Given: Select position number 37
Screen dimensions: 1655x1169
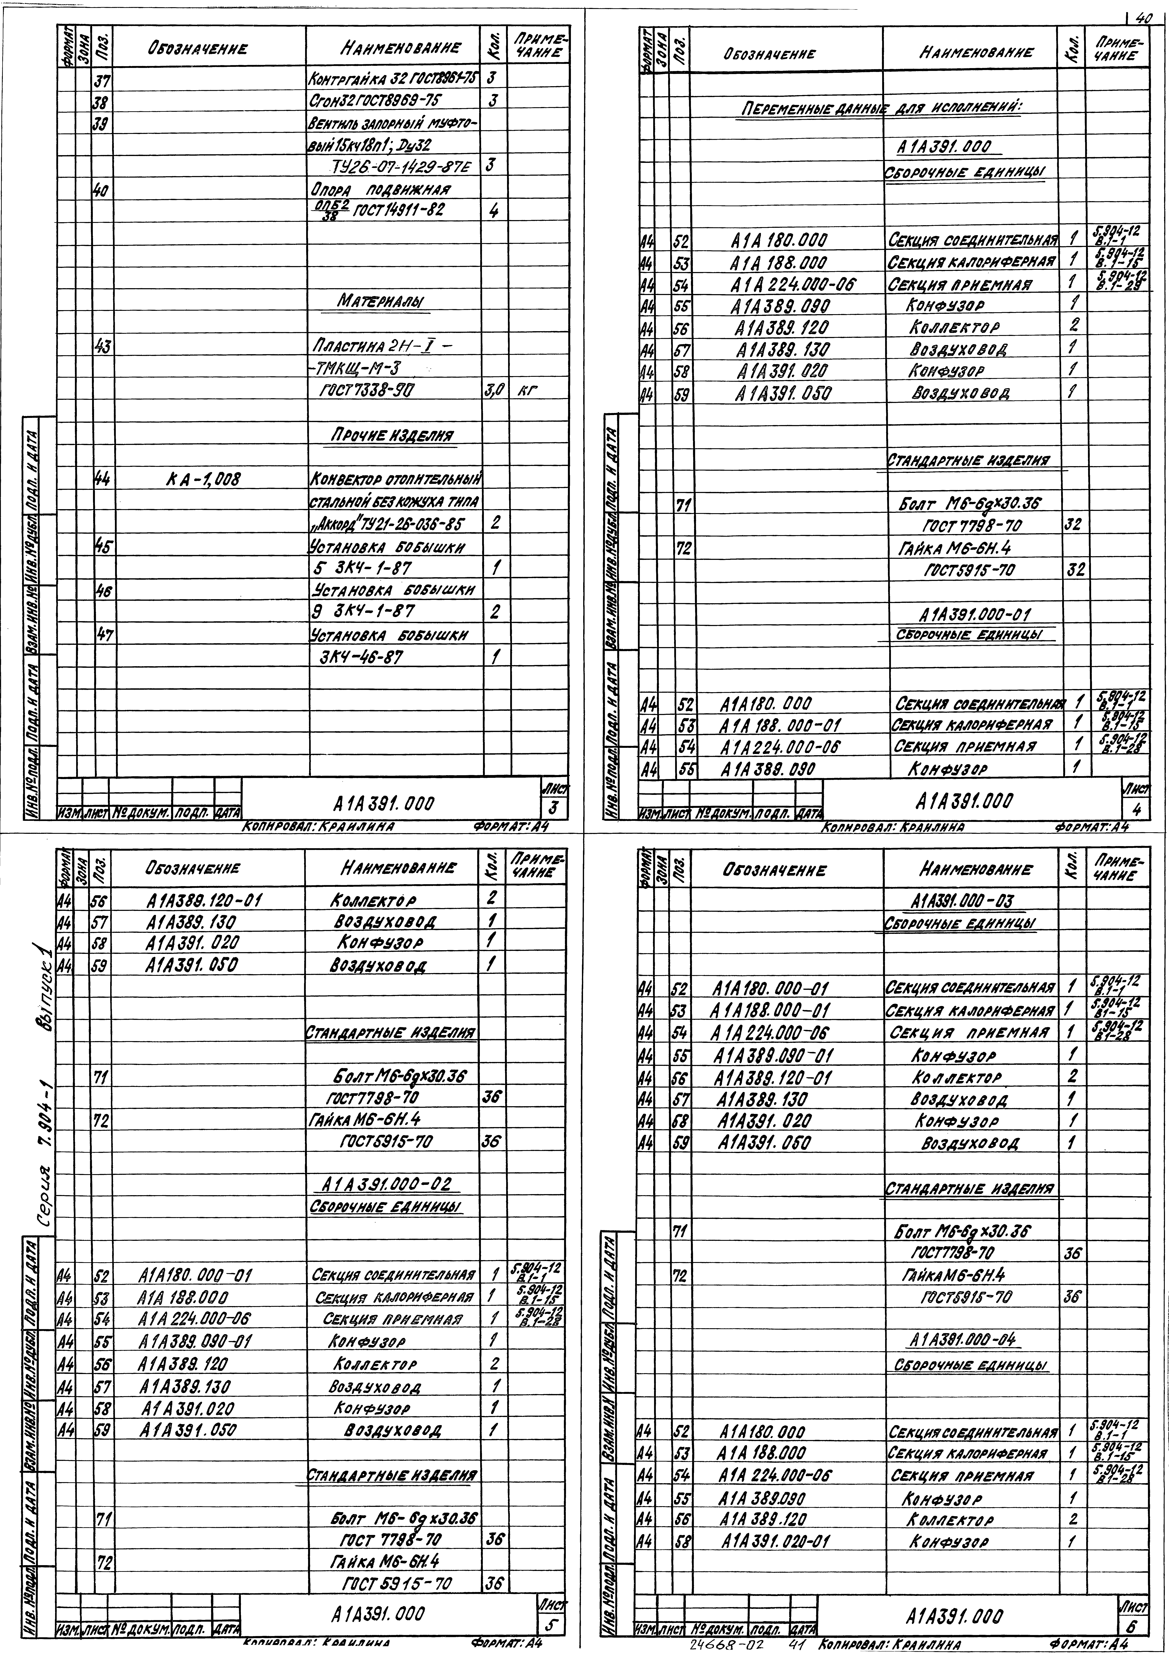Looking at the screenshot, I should tap(102, 78).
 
